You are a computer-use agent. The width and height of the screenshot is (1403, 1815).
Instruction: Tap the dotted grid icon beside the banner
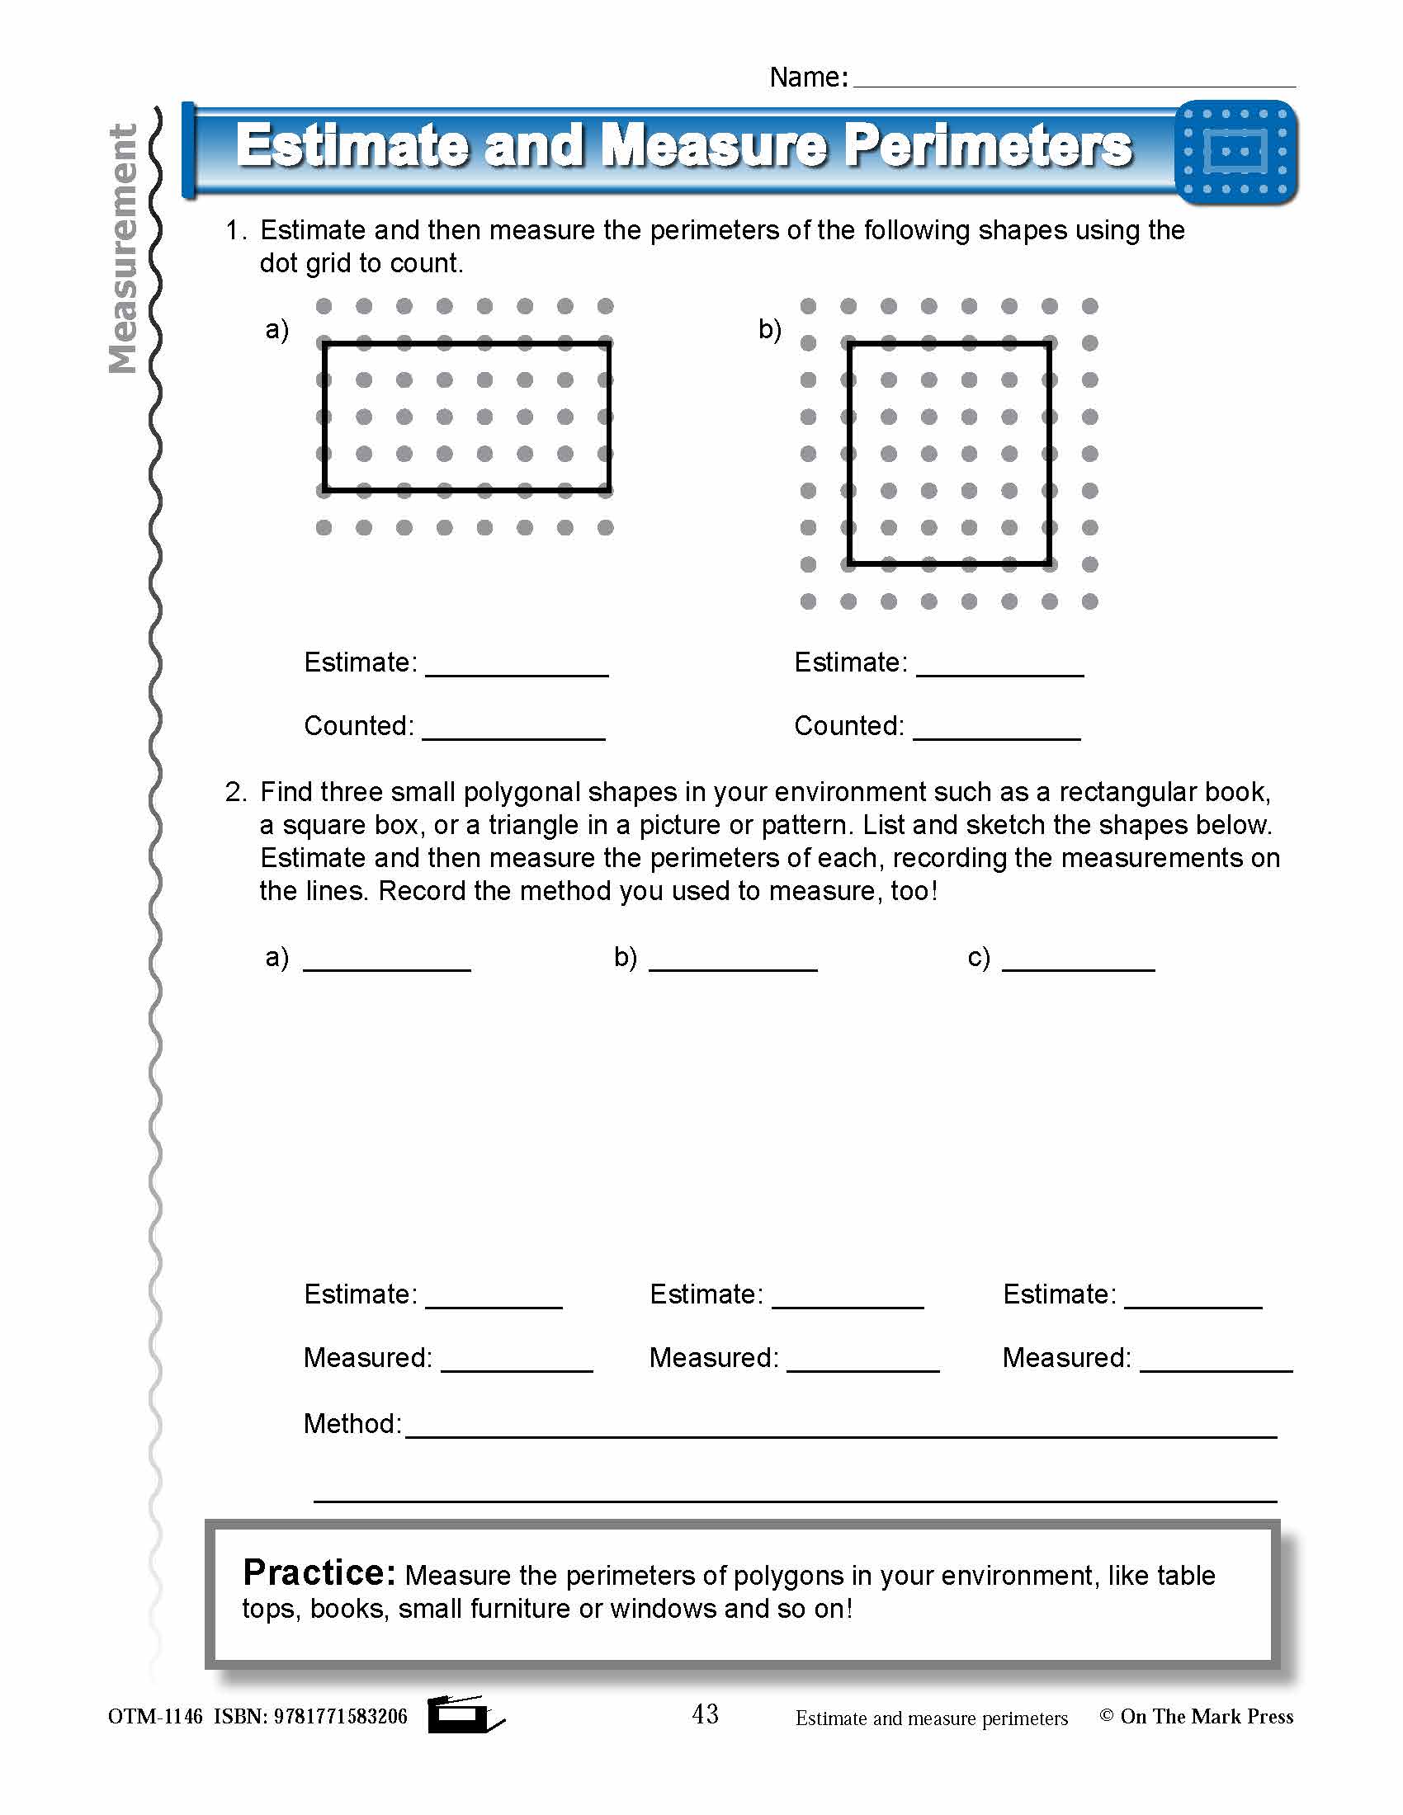point(1236,152)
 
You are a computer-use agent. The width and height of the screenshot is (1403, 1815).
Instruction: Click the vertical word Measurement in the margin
point(123,249)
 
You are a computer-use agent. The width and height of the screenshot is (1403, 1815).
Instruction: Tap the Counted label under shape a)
point(358,726)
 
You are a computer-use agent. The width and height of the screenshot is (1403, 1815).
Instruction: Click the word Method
point(352,1425)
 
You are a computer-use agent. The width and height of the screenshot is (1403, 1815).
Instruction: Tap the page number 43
point(705,1714)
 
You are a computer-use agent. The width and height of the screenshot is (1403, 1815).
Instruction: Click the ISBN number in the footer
point(340,1717)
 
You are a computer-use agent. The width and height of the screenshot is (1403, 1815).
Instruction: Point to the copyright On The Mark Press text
point(1196,1717)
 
